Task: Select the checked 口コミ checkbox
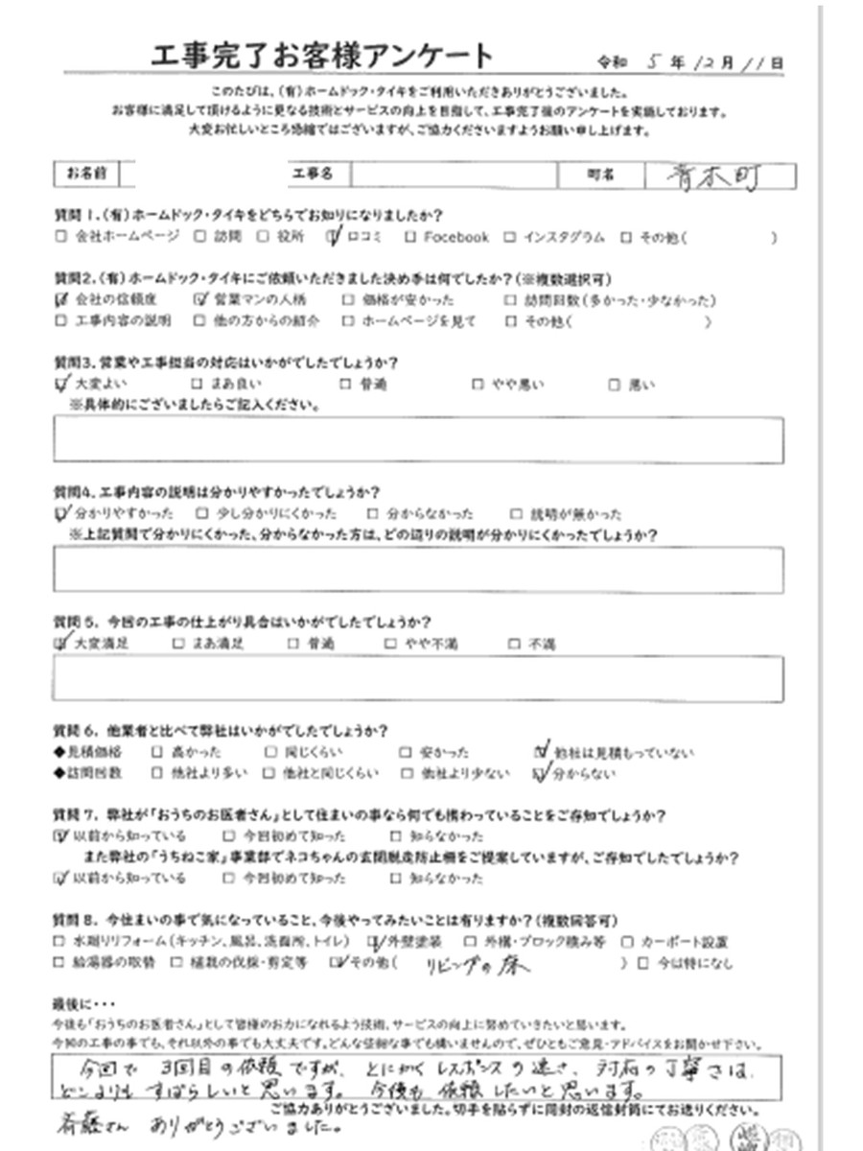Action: coord(332,236)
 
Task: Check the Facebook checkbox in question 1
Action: coord(409,237)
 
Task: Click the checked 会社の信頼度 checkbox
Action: coord(62,299)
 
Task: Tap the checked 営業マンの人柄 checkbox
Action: coord(200,299)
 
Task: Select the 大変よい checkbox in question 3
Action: coord(62,385)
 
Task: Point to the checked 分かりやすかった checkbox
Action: coord(62,513)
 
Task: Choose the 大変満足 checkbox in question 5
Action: coord(62,644)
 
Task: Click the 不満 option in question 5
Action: coord(541,645)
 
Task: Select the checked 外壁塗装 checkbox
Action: coord(375,942)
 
